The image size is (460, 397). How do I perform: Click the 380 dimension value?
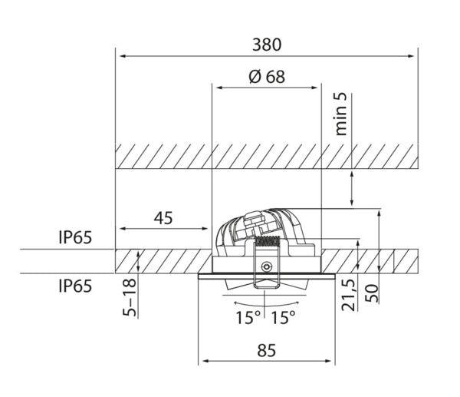(267, 45)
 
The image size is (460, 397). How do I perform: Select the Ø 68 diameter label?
(267, 77)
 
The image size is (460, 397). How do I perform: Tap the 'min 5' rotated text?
(340, 114)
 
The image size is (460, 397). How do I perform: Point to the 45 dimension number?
(163, 218)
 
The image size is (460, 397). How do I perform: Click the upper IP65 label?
(75, 237)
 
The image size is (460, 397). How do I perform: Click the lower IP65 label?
(75, 286)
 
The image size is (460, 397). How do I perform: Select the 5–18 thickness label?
(130, 297)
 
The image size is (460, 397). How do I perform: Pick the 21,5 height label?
(349, 295)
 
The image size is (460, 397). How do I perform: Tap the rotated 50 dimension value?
(372, 293)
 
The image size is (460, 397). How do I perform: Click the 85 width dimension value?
(267, 351)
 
